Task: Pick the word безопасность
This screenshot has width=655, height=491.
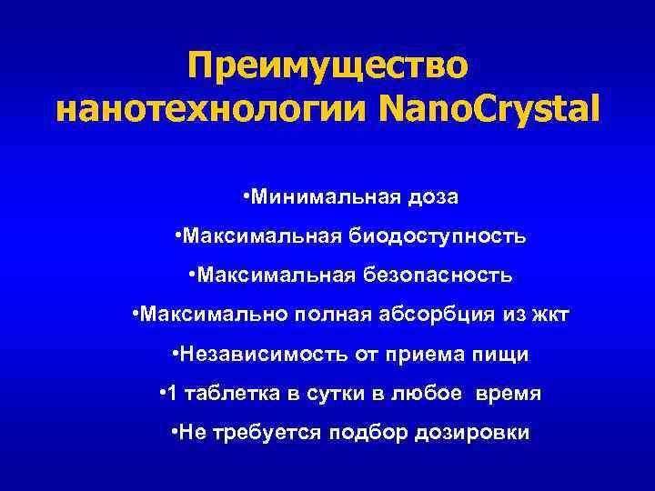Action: (444, 274)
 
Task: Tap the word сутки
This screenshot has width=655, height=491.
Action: (326, 394)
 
